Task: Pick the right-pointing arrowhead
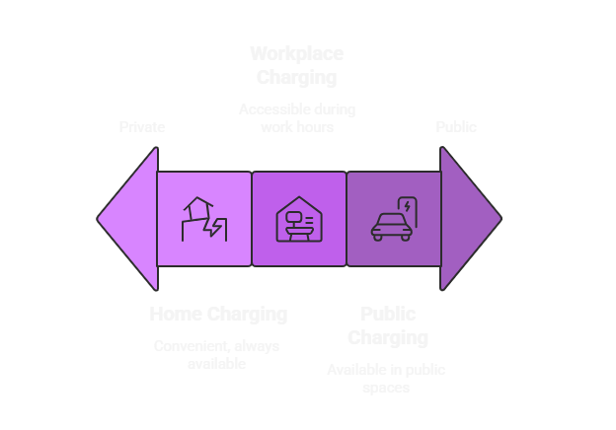tap(468, 219)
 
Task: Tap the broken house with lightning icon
tap(203, 219)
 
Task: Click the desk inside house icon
tap(298, 219)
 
